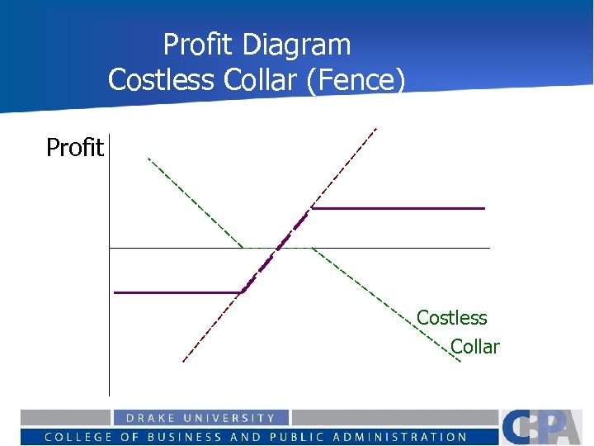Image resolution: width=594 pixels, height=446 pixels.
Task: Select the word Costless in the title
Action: click(x=158, y=79)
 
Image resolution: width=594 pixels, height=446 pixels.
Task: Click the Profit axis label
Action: click(x=74, y=148)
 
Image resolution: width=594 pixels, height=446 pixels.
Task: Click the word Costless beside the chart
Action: click(x=451, y=317)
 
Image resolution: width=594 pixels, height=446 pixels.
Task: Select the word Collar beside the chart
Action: click(x=475, y=347)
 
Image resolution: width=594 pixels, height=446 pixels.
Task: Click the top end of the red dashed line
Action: click(x=375, y=128)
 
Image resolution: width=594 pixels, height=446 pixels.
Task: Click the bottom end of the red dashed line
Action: click(x=183, y=361)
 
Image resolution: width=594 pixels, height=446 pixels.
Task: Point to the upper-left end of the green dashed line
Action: click(x=148, y=158)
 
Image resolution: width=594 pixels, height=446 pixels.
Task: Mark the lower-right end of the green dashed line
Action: click(x=460, y=362)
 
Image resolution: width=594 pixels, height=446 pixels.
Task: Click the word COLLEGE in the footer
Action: click(x=78, y=437)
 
